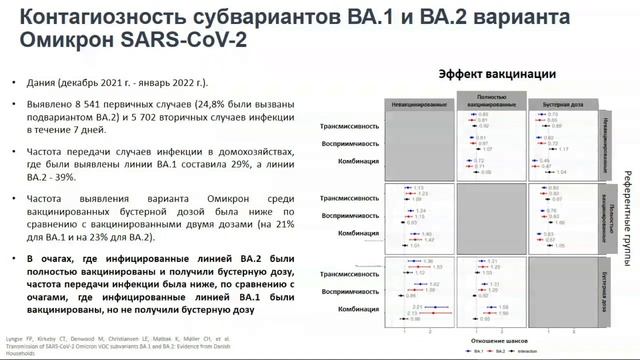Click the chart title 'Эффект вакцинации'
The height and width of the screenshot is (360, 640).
[x=497, y=73]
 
